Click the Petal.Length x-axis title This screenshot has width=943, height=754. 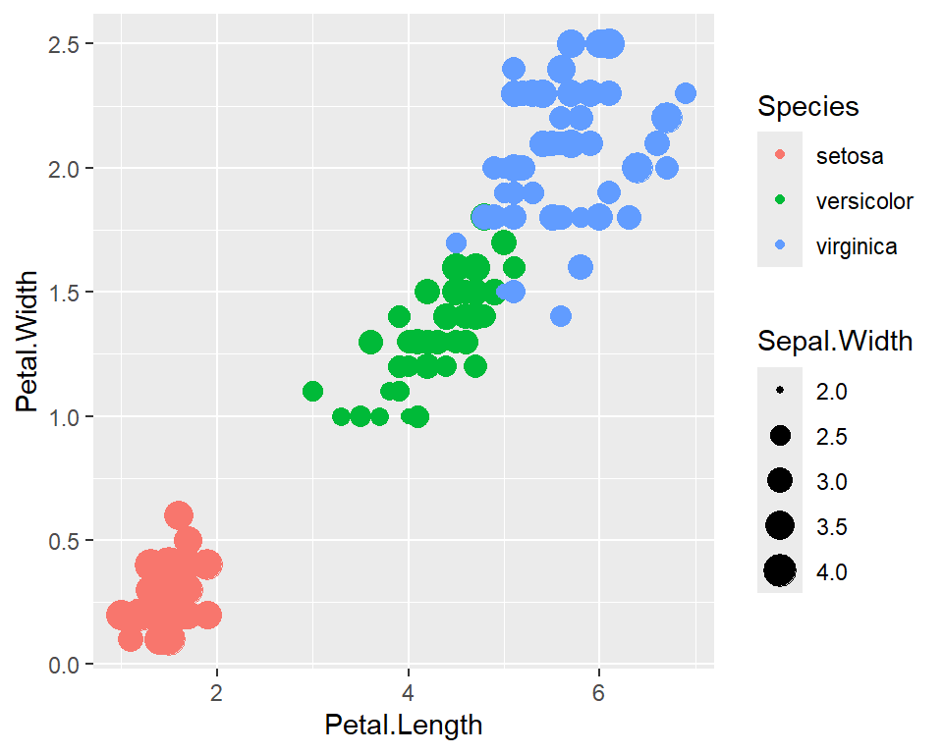click(404, 726)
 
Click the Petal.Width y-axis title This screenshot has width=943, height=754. click(28, 342)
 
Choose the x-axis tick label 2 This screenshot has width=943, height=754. click(217, 689)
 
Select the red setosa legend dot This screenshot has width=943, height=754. click(780, 155)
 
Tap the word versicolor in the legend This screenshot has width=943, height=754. click(864, 201)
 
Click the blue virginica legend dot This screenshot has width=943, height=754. click(780, 246)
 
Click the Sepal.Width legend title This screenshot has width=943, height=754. click(835, 342)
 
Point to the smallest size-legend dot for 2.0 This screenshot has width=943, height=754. click(780, 391)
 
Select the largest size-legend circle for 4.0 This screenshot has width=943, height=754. click(780, 570)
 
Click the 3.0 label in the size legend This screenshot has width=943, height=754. click(831, 481)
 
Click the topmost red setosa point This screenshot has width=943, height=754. click(179, 515)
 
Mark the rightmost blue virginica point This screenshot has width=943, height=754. click(686, 93)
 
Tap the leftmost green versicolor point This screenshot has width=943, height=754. click(312, 392)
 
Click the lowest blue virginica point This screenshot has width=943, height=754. click(561, 316)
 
